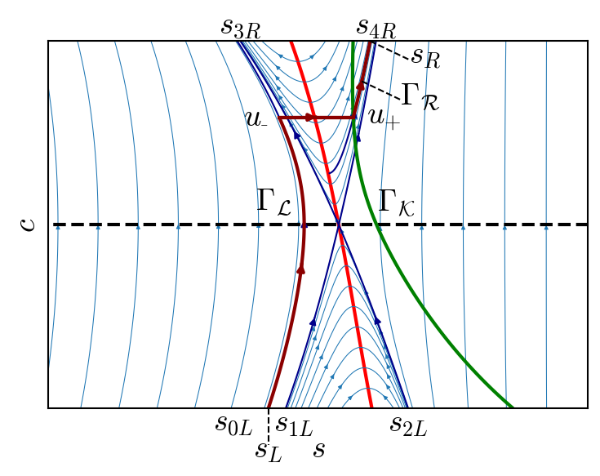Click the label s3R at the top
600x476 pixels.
point(241,26)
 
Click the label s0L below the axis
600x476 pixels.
point(234,424)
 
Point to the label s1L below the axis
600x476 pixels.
point(295,424)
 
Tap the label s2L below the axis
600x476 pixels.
point(409,424)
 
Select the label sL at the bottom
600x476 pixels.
point(269,450)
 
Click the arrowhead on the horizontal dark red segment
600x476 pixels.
point(310,118)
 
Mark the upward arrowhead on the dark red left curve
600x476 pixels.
point(300,268)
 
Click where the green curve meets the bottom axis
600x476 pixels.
point(512,407)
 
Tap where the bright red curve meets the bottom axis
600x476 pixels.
point(371,407)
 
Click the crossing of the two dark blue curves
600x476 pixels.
point(338,225)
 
